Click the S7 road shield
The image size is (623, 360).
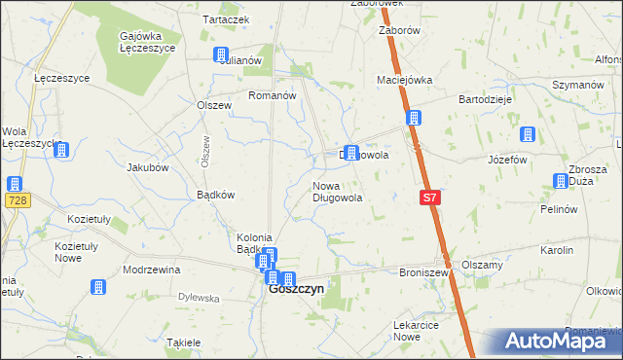point(432,198)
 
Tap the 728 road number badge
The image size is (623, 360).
point(15,200)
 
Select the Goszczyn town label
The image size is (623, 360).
point(296,289)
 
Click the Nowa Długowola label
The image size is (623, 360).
point(338,192)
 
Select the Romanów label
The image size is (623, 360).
point(272,95)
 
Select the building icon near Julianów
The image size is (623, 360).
point(221,55)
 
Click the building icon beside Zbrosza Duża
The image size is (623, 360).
point(561,181)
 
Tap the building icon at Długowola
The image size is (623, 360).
point(350,152)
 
